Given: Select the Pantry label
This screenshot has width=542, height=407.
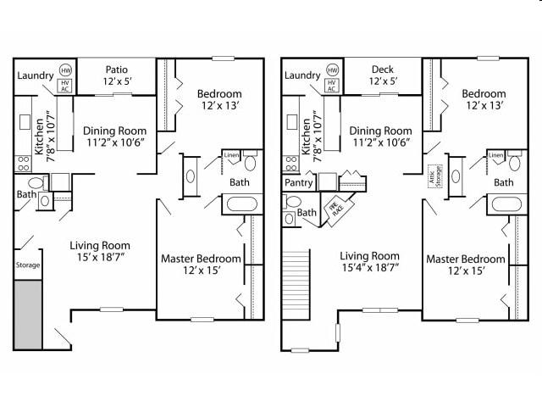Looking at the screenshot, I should pos(298,182).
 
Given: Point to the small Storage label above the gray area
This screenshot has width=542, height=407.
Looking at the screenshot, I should pos(27,265).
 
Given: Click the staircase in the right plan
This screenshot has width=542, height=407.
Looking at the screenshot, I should pos(296,276).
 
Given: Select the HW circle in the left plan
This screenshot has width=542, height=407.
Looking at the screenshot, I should pos(65,71).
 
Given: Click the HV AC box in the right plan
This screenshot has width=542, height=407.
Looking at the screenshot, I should pos(332,85).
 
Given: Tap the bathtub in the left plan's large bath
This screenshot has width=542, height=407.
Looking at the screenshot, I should pos(242,204).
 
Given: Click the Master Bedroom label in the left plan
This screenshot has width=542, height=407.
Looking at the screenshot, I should pos(201,259).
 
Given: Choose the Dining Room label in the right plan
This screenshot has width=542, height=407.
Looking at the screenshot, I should pos(381,131).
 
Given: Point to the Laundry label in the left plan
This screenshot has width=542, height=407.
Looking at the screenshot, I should pos(35,75).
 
